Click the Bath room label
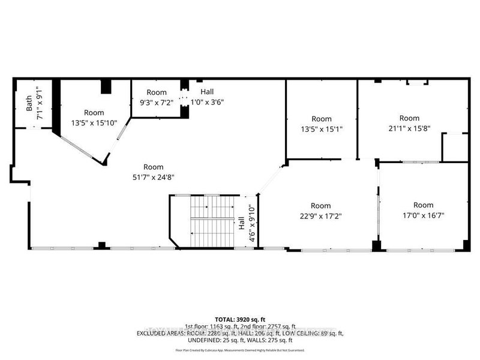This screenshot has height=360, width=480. pyautogui.click(x=29, y=105)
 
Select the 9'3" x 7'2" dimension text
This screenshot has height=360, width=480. pyautogui.click(x=157, y=102)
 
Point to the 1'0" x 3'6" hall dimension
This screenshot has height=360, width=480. pyautogui.click(x=206, y=102)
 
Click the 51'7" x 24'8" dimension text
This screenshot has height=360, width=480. pyautogui.click(x=153, y=176)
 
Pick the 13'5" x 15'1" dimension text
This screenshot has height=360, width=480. pyautogui.click(x=322, y=128)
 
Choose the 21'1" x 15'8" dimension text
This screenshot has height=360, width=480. pyautogui.click(x=410, y=128)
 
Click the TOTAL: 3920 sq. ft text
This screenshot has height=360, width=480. pyautogui.click(x=239, y=319)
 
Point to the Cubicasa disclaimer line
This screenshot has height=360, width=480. pyautogui.click(x=239, y=350)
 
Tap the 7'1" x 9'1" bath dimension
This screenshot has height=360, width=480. pyautogui.click(x=40, y=105)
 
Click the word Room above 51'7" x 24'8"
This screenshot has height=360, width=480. pyautogui.click(x=153, y=167)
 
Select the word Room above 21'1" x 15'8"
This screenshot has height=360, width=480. pyautogui.click(x=410, y=118)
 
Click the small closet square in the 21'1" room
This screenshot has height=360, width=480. pyautogui.click(x=454, y=147)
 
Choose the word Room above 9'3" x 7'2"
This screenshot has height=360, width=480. pyautogui.click(x=157, y=92)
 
